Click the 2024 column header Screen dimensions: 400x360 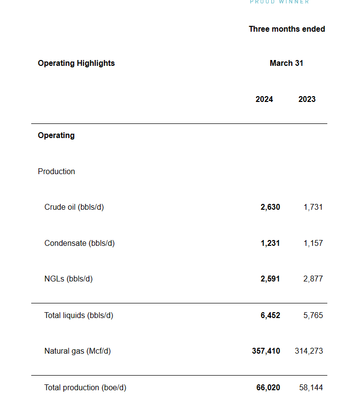[x=264, y=99]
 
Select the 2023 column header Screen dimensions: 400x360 [x=307, y=99]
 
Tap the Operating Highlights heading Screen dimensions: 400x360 [x=76, y=63]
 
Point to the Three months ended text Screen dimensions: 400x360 [x=287, y=29]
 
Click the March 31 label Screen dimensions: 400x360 [x=286, y=63]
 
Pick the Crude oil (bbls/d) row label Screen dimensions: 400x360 [x=74, y=207]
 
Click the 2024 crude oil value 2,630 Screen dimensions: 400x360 [x=270, y=207]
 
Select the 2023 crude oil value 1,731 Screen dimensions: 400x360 [x=313, y=207]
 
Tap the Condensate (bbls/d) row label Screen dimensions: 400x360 [x=80, y=243]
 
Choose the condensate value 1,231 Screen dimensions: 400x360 [x=270, y=243]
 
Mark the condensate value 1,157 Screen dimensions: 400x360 [x=313, y=243]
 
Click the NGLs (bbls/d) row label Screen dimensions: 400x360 [x=68, y=279]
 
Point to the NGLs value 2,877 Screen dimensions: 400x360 [x=313, y=279]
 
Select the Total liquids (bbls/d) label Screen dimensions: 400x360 [x=79, y=315]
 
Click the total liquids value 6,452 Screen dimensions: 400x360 [x=270, y=315]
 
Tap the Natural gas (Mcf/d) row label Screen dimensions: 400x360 [x=78, y=351]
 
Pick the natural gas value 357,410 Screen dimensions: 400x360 [x=266, y=351]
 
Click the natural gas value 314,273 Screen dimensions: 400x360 [x=309, y=351]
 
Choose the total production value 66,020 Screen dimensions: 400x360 [x=268, y=387]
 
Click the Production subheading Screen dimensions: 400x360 [x=57, y=171]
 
